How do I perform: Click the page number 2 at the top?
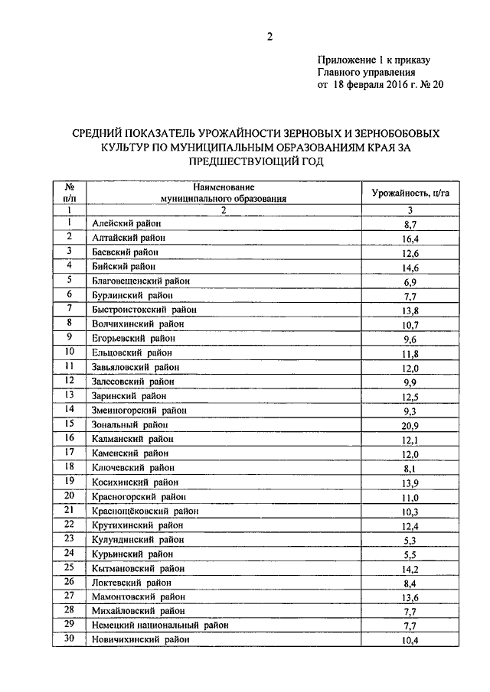tap(270, 37)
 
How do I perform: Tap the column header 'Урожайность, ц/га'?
tap(409, 193)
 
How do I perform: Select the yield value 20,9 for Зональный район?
tap(410, 424)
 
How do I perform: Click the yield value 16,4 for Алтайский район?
tap(410, 239)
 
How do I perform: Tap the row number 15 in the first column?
tap(69, 424)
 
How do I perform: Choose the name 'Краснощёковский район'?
tap(145, 510)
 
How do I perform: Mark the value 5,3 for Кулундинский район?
tap(410, 539)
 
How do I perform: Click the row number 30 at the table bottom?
tap(69, 639)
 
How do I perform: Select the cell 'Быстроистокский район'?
tap(144, 310)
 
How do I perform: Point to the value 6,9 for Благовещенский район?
tap(410, 281)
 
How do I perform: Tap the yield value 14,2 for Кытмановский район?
tap(410, 568)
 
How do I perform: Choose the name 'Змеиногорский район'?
tap(139, 410)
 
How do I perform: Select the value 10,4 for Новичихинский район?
tap(410, 640)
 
